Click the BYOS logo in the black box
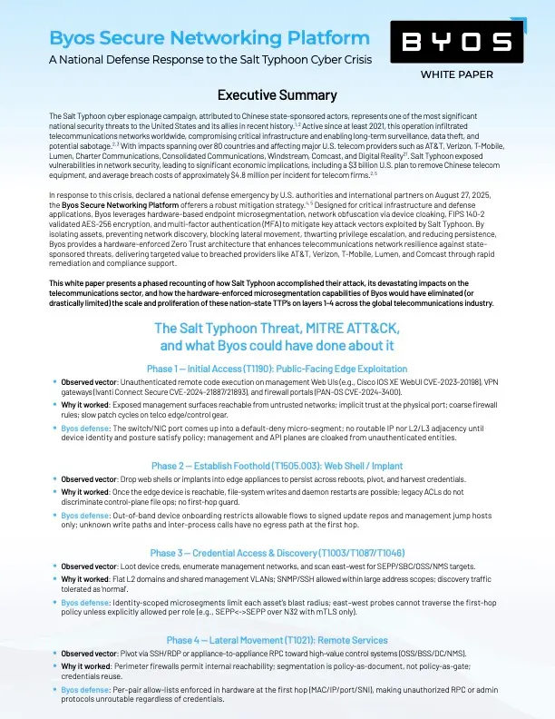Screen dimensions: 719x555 point(456,42)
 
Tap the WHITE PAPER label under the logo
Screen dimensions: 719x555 point(457,74)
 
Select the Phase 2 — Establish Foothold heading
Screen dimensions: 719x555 point(277,466)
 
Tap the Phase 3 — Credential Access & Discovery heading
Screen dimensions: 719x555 point(277,552)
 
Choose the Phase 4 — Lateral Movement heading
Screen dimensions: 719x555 point(277,639)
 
